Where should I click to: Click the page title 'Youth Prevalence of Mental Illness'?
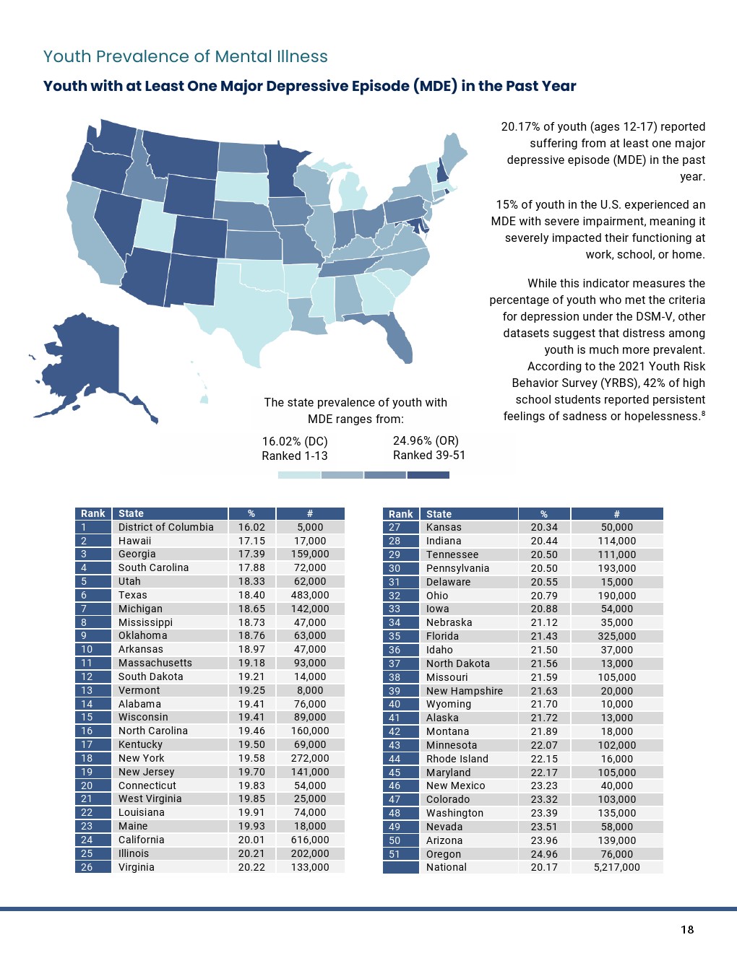click(x=186, y=57)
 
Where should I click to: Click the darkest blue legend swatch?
click(x=428, y=475)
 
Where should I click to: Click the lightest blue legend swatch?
click(x=299, y=475)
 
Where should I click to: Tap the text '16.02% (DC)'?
click(x=295, y=441)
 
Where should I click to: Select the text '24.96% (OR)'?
click(x=426, y=440)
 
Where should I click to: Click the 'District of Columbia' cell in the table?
click(x=166, y=527)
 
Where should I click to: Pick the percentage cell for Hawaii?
click(x=251, y=541)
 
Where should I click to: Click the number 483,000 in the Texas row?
click(x=310, y=595)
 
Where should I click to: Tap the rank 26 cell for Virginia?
click(x=87, y=867)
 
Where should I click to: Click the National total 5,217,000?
click(x=616, y=867)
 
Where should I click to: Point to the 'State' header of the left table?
click(x=131, y=513)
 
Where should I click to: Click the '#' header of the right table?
click(x=616, y=514)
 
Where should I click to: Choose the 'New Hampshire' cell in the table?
click(x=465, y=691)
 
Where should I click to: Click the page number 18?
click(x=687, y=930)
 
